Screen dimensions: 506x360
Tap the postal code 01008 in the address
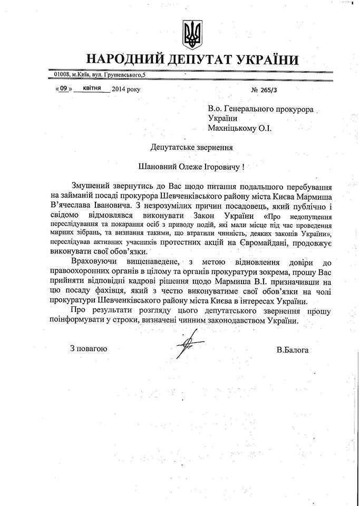pyautogui.click(x=62, y=76)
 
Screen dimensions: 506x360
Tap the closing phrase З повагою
pyautogui.click(x=89, y=349)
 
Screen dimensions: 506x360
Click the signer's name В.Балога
pyautogui.click(x=293, y=349)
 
